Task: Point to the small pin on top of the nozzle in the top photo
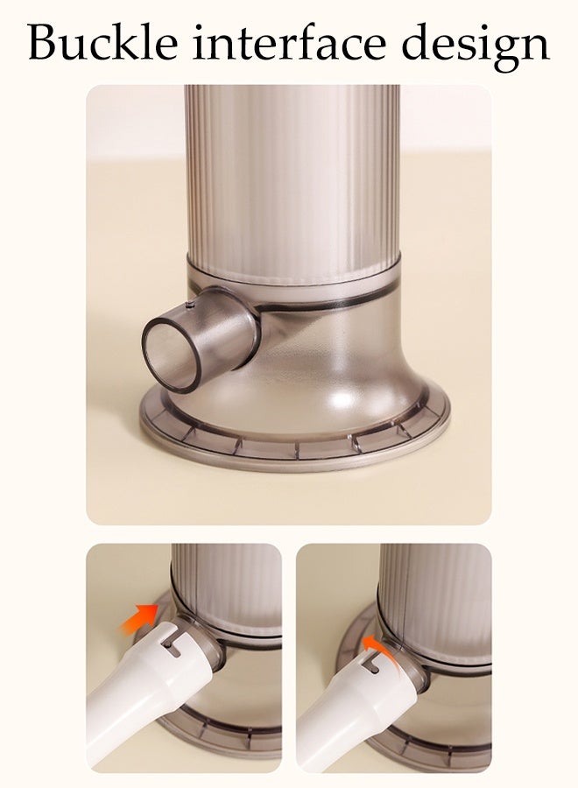point(190,306)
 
